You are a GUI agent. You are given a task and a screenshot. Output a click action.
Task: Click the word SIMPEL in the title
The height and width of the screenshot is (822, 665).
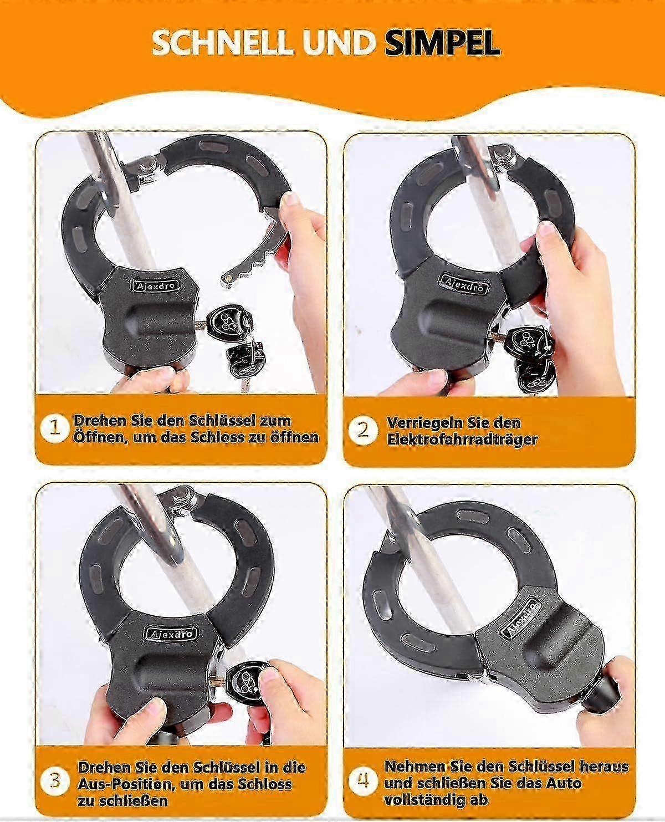(x=443, y=43)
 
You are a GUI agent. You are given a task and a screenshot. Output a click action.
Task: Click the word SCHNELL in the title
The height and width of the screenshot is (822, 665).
(x=223, y=43)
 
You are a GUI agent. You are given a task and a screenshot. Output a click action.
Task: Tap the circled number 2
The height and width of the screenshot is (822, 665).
(x=362, y=430)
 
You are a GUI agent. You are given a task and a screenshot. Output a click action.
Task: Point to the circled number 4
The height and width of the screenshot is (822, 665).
(x=362, y=779)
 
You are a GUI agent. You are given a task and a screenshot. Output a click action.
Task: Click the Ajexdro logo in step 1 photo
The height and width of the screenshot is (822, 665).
(x=156, y=286)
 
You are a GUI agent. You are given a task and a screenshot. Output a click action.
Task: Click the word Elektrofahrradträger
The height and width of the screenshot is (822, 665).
(x=462, y=440)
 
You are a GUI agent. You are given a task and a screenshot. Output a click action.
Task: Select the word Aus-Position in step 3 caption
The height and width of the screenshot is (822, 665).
(x=124, y=784)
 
